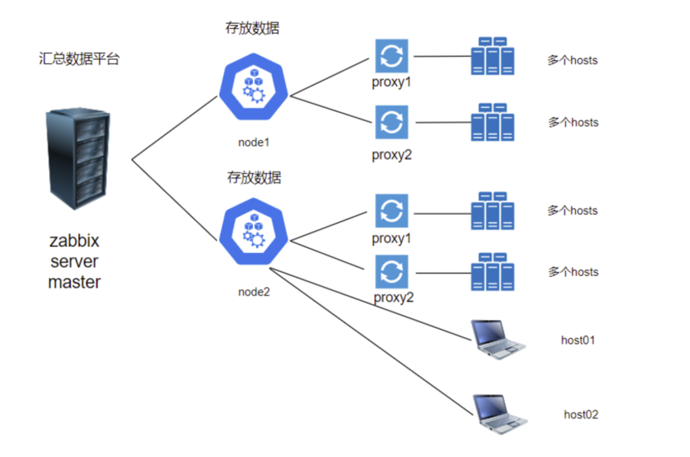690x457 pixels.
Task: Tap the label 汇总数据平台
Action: pos(79,60)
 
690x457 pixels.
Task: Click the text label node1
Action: pos(253,142)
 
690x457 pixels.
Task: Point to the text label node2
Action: pos(253,292)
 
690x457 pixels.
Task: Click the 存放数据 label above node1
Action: pos(253,28)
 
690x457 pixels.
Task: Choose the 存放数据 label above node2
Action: pos(253,177)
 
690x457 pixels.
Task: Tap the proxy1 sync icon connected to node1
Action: pos(391,56)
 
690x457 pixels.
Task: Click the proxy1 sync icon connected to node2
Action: pos(391,210)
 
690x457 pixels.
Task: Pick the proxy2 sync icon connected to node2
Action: pos(391,273)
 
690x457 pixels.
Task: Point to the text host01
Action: pos(578,340)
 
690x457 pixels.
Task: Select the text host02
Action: pos(581,415)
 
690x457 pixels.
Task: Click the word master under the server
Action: pos(75,282)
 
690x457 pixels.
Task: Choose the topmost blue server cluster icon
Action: pos(493,56)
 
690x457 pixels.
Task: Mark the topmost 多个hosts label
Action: pos(572,61)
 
